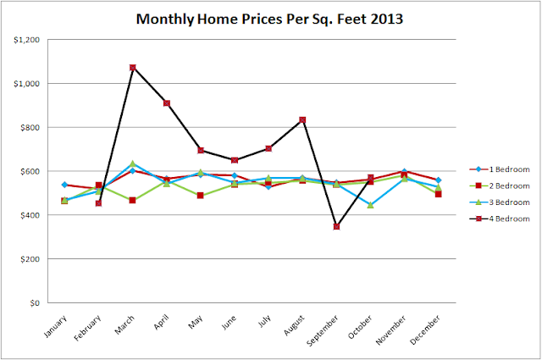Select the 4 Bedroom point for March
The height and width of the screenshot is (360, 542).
pyautogui.click(x=133, y=68)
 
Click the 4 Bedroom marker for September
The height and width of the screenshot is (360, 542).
pyautogui.click(x=336, y=226)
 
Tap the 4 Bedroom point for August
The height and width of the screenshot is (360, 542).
pyautogui.click(x=302, y=120)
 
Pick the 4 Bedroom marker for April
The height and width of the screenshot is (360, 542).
pyautogui.click(x=167, y=103)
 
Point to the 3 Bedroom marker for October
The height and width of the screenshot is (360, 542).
pyautogui.click(x=370, y=205)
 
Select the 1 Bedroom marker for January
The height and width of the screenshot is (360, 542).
pyautogui.click(x=65, y=185)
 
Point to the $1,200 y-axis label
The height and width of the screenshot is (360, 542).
pyautogui.click(x=28, y=40)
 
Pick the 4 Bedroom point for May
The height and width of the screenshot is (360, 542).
pyautogui.click(x=201, y=150)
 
